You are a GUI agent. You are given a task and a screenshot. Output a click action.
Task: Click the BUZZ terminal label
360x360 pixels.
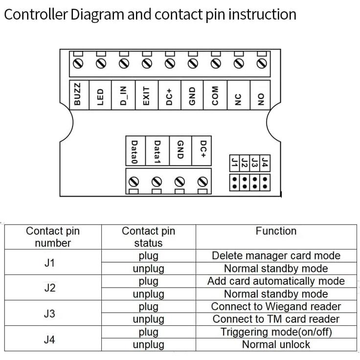[78, 94]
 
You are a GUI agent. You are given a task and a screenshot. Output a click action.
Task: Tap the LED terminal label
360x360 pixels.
[101, 94]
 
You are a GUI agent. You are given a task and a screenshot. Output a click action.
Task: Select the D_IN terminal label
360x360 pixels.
[123, 94]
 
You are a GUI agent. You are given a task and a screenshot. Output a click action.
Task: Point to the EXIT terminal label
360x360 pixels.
[146, 94]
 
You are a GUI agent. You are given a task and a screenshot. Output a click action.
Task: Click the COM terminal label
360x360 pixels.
[215, 94]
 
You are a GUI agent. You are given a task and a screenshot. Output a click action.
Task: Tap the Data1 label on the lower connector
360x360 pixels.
[157, 152]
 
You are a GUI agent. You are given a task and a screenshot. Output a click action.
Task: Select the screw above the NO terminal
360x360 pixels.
[261, 64]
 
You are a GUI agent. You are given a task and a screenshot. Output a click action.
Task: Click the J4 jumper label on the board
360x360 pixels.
[265, 162]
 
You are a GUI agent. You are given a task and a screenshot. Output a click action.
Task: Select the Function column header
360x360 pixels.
[276, 231]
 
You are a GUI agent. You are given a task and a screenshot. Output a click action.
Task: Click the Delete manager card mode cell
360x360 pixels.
[276, 256]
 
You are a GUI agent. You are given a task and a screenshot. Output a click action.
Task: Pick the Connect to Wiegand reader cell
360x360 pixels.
[276, 307]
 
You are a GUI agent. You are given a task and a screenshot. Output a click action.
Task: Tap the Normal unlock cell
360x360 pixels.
[276, 344]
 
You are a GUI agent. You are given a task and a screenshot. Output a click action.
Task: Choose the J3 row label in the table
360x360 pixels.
[49, 313]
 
